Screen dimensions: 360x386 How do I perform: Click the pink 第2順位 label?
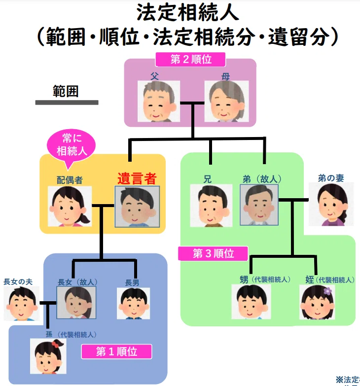[190, 60]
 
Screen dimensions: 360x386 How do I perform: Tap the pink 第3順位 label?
[213, 253]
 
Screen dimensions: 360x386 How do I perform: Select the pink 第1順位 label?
[116, 351]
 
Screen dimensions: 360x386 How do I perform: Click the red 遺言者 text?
[137, 178]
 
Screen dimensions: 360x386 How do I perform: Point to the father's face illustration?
[159, 101]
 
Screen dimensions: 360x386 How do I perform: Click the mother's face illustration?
[226, 101]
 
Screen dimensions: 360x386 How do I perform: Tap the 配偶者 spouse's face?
[70, 206]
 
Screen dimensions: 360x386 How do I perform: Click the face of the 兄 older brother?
[211, 206]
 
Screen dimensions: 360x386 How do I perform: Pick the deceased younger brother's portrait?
[259, 205]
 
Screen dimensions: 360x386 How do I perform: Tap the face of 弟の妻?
[331, 204]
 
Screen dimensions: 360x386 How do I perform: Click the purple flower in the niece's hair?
[328, 291]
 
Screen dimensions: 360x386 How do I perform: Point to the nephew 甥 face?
[251, 302]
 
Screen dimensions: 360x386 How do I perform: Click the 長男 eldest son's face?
[134, 304]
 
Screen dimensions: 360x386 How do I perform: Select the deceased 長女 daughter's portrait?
[76, 303]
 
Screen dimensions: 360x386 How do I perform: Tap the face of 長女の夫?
[22, 304]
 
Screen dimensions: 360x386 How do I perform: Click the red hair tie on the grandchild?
[55, 345]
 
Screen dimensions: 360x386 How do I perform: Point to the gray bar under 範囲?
[67, 103]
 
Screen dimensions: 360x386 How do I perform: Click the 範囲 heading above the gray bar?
[66, 91]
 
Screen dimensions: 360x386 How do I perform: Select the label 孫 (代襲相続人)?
[71, 335]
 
